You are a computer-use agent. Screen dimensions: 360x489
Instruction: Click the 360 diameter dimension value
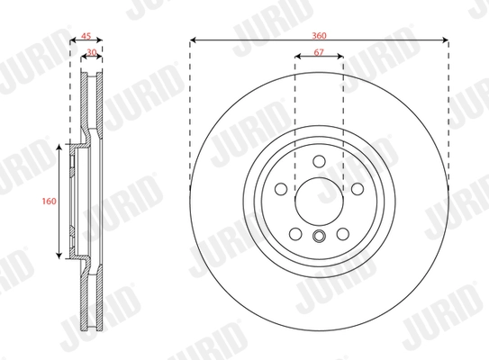pos(320,33)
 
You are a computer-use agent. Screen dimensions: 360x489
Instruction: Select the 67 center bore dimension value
pos(320,51)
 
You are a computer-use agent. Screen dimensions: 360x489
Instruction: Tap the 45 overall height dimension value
pos(86,37)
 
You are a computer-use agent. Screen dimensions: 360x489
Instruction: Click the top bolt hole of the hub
pos(320,161)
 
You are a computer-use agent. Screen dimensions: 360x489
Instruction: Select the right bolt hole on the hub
pos(357,189)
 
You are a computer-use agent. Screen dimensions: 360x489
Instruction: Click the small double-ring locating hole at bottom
pos(320,237)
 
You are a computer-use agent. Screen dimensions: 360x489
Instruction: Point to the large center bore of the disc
pos(320,199)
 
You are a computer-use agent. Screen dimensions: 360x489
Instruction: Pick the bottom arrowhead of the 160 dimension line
pos(62,258)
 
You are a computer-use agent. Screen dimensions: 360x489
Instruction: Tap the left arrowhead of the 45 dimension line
pos(73,43)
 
